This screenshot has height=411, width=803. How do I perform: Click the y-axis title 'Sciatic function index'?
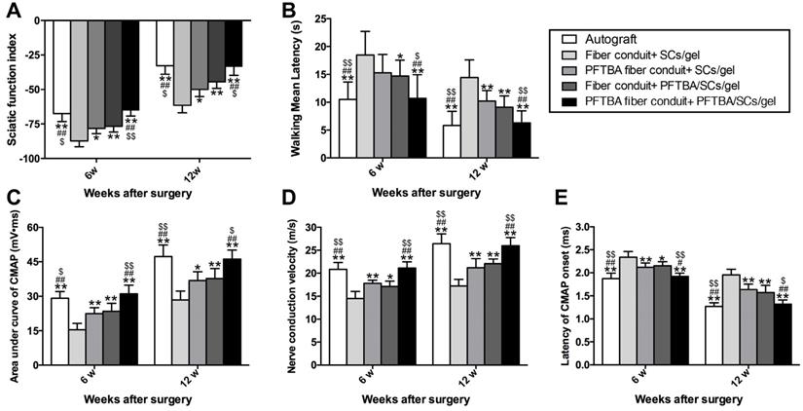pos(11,86)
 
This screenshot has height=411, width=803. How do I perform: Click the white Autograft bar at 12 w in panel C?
pos(163,311)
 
